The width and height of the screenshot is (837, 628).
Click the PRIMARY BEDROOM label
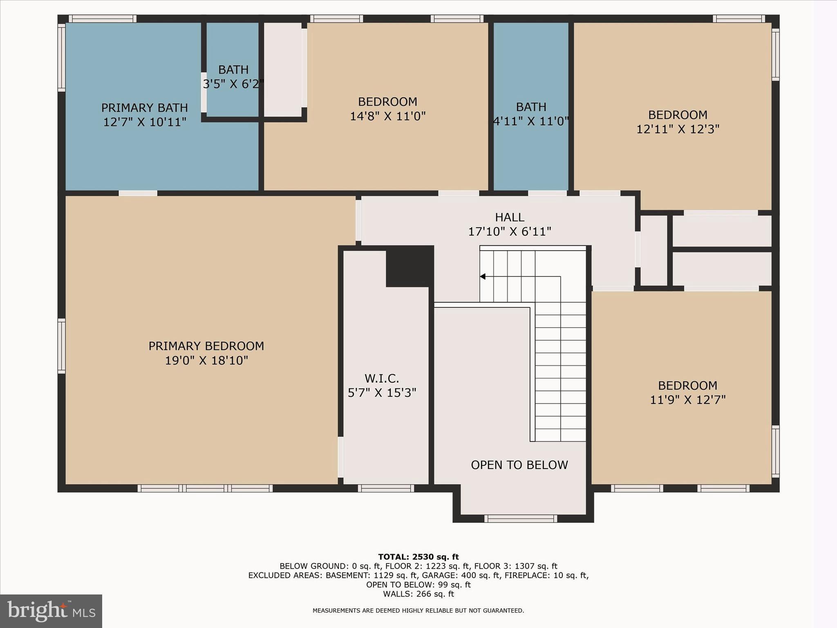[206, 346]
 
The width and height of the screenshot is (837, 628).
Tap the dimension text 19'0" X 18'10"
[206, 361]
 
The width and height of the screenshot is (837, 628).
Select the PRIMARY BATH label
[145, 108]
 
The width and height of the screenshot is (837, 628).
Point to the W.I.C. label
[382, 378]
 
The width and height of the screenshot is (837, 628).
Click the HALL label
[509, 217]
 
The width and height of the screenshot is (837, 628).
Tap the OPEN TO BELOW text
[519, 465]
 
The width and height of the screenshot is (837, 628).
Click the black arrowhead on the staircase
[483, 277]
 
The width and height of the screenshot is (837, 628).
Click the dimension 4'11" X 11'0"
[531, 121]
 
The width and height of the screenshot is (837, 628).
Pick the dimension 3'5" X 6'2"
[233, 84]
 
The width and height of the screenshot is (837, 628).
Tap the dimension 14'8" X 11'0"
[387, 116]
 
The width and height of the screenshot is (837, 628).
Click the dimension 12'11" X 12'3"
[678, 129]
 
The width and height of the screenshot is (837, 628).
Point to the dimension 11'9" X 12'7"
[687, 400]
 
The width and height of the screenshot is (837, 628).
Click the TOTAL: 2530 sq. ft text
[418, 557]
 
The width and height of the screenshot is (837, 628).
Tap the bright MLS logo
[51, 611]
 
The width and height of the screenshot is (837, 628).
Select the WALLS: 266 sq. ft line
[418, 594]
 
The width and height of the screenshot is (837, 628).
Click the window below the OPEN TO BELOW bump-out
[520, 518]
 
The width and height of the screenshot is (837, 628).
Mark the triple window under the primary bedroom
[205, 488]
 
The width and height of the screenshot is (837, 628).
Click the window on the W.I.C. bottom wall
[386, 488]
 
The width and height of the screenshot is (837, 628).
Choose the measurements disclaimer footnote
[418, 610]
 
